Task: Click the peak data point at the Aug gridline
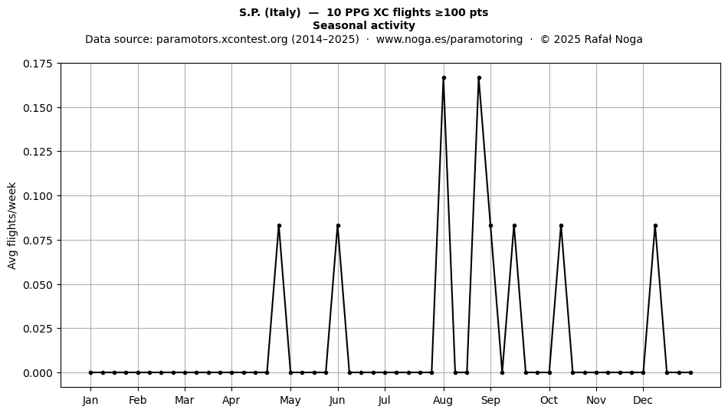[444, 78]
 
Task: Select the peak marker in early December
[655, 225]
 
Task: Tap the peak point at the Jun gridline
[338, 225]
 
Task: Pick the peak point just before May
[279, 225]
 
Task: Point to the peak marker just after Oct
[561, 225]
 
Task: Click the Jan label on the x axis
[90, 400]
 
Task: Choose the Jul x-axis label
[385, 400]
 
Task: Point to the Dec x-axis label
[643, 400]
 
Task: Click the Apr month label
[231, 400]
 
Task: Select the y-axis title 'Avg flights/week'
[12, 225]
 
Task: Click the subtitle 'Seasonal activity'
[364, 25]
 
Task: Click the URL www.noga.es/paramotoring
[449, 39]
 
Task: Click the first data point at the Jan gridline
[91, 372]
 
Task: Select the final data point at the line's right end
[691, 372]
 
